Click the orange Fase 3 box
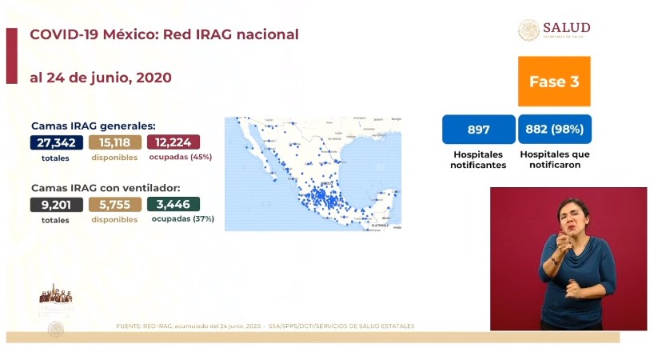tap(554, 82)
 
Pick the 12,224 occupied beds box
tap(173, 142)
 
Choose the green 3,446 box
tap(173, 204)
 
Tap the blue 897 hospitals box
tap(478, 130)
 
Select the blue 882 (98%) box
tap(554, 130)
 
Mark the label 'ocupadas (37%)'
tap(182, 218)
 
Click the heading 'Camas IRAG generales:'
tap(93, 126)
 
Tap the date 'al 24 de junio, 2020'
tap(100, 78)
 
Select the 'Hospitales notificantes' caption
tap(478, 158)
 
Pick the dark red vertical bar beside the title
tap(11, 55)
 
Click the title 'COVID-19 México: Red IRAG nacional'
tap(164, 35)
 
